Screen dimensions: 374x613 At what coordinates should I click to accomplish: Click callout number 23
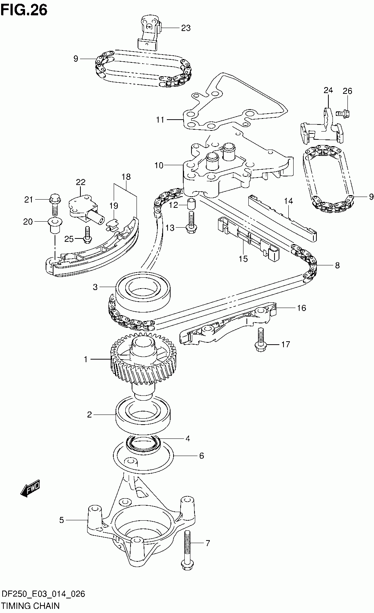(186, 28)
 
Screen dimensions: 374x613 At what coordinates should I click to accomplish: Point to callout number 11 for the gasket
(160, 120)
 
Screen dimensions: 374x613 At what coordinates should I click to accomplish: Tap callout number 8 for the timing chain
(337, 265)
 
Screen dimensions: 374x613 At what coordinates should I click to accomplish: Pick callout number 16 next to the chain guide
(301, 308)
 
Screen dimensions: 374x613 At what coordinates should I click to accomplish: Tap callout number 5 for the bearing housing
(62, 520)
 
